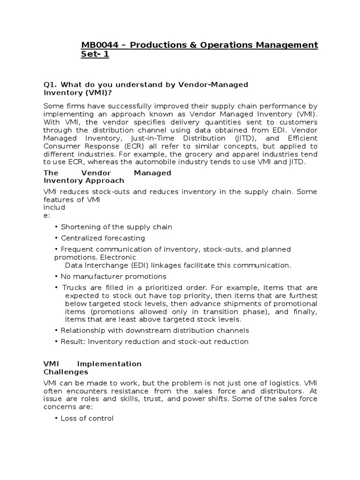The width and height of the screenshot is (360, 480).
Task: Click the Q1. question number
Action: pyautogui.click(x=50, y=84)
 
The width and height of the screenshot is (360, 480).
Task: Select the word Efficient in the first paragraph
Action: pyautogui.click(x=301, y=138)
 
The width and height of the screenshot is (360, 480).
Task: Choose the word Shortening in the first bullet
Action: pyautogui.click(x=80, y=227)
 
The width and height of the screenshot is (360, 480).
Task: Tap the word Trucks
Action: pyautogui.click(x=74, y=288)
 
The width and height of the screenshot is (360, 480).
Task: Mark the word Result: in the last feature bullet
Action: pyautogui.click(x=73, y=342)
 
